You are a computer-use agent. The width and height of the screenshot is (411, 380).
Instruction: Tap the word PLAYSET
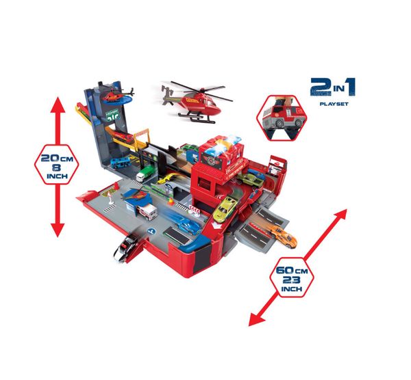click(x=336, y=106)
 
